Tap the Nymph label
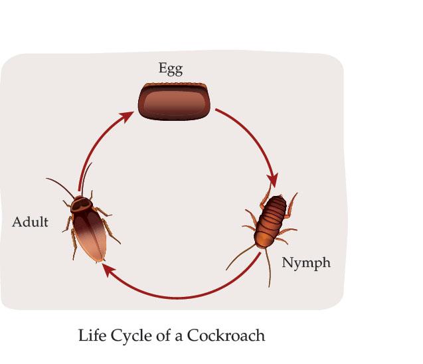click(x=306, y=262)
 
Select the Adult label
click(x=30, y=222)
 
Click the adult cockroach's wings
click(x=93, y=236)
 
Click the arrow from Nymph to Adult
click(x=186, y=292)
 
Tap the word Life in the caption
click(x=92, y=335)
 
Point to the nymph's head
click(x=280, y=199)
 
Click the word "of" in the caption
click(x=159, y=335)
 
